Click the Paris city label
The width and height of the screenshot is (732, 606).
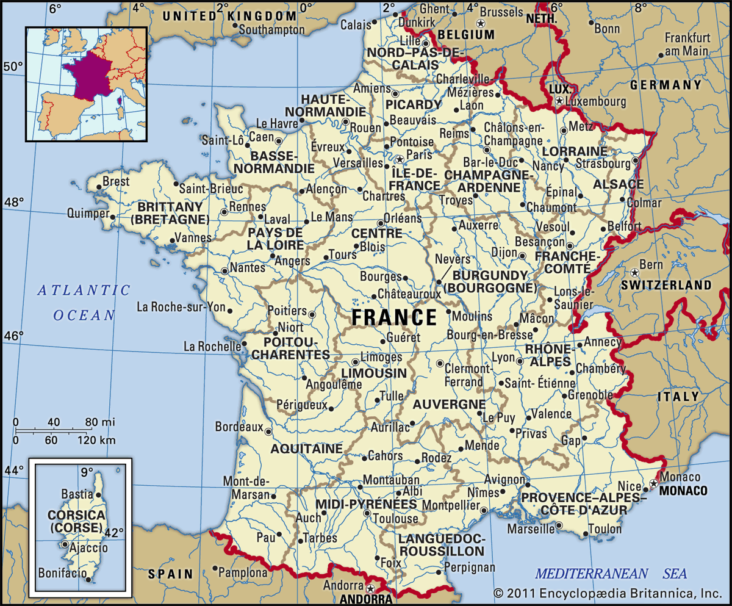tap(420, 154)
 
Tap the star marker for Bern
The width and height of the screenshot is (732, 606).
tap(635, 272)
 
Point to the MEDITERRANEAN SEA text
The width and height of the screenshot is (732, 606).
tap(611, 573)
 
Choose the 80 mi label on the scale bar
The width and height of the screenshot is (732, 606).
tap(98, 422)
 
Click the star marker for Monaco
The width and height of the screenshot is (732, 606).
tap(653, 483)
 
